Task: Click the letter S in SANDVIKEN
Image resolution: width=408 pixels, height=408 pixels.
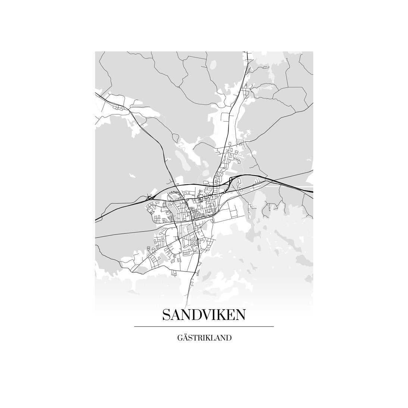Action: (167, 315)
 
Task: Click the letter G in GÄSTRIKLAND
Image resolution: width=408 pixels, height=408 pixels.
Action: (181, 339)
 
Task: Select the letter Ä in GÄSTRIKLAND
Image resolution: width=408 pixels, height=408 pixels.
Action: (186, 339)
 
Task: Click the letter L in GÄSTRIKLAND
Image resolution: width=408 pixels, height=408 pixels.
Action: (213, 339)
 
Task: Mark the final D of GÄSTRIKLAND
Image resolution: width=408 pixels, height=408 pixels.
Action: (229, 339)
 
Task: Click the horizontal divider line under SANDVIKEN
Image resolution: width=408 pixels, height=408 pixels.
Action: (204, 327)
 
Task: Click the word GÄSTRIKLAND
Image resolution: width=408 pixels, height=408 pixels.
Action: (204, 339)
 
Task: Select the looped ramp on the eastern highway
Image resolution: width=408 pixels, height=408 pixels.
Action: (232, 181)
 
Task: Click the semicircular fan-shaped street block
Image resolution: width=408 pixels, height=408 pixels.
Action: (173, 195)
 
